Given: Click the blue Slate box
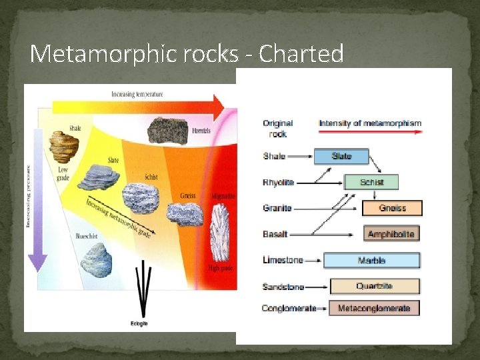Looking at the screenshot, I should coord(341,156).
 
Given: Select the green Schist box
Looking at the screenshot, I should coord(372,182).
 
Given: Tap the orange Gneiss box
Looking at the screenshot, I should coord(392,208).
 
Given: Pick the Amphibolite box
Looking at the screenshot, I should coord(392,234).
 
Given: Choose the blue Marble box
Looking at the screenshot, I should coord(371,260).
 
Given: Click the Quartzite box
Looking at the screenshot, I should coord(375,287).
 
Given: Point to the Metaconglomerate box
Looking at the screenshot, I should coord(374,308).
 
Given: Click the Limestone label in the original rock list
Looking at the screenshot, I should coord(283,260).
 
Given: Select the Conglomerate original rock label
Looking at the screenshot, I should coord(289,308).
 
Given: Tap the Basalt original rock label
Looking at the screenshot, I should coord(275,234).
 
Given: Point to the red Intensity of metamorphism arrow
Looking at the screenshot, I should coord(370,132).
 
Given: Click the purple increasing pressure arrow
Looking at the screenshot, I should coord(38,200).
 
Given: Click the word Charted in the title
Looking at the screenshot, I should coord(301,53).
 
